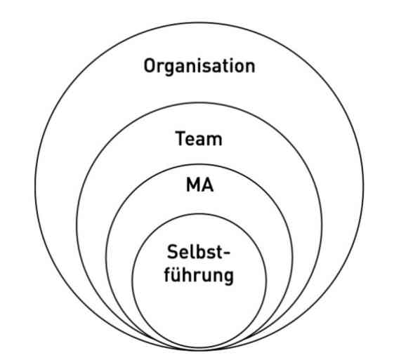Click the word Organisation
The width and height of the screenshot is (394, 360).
[199, 66]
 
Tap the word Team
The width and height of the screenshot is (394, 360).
[199, 138]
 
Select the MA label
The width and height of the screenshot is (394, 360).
[199, 185]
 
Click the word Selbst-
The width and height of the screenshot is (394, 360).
[199, 252]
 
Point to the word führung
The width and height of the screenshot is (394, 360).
[199, 275]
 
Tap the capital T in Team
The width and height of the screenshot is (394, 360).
[180, 138]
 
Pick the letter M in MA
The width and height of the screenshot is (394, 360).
[192, 185]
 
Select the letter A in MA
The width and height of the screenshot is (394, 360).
[207, 185]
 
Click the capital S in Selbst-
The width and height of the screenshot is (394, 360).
[173, 252]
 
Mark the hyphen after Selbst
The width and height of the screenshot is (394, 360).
[226, 253]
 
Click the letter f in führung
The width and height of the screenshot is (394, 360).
[169, 274]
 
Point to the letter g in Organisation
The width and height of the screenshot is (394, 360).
[172, 69]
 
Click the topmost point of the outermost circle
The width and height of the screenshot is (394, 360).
[199, 23]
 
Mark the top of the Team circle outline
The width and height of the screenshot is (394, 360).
[199, 103]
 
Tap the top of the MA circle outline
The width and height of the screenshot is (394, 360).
[199, 165]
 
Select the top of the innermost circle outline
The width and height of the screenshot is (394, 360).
[199, 214]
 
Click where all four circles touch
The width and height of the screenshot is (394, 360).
[199, 349]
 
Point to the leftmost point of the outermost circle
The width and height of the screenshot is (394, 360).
[35, 187]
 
